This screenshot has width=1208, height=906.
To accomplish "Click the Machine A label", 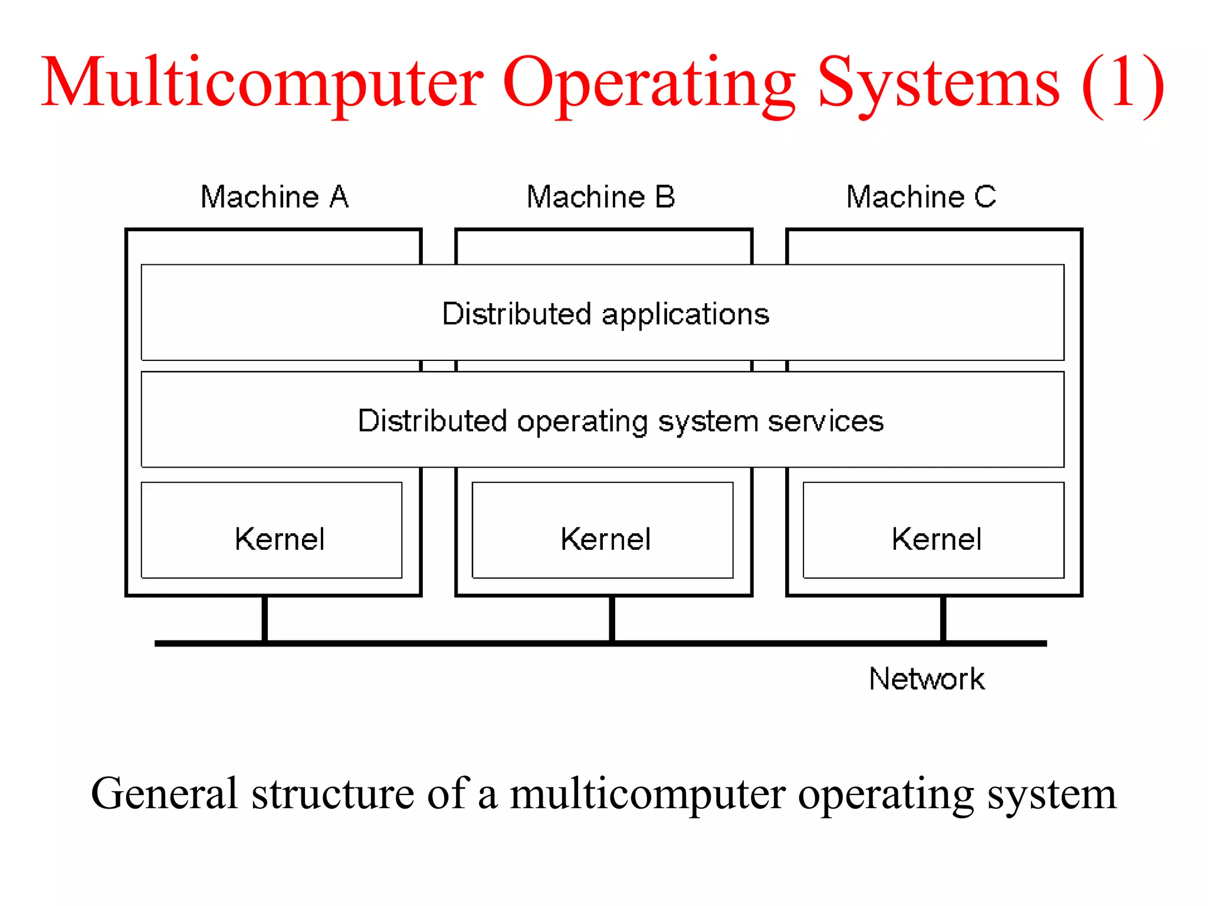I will [274, 197].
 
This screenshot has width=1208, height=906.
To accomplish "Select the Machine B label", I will [600, 197].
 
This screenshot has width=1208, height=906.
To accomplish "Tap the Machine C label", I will [921, 197].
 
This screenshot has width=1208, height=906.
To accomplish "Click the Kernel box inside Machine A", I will [272, 530].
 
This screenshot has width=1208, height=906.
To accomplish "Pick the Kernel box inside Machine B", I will [603, 530].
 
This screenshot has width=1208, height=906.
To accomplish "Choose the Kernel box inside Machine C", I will [934, 530].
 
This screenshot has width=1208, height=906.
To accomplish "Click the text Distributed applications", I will [605, 314].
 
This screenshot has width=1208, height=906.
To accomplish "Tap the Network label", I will [927, 679].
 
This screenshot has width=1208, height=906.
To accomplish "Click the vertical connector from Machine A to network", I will [265, 618].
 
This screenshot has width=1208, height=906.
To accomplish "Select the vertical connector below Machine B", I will [612, 618].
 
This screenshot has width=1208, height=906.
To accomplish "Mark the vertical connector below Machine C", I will [943, 618].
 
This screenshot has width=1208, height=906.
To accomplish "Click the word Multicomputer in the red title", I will [262, 84].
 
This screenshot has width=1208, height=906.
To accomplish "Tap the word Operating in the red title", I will [649, 84].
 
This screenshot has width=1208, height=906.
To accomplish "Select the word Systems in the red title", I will [939, 84].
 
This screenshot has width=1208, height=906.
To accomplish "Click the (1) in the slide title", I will [1122, 84].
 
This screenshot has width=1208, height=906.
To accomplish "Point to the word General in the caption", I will [165, 794].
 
